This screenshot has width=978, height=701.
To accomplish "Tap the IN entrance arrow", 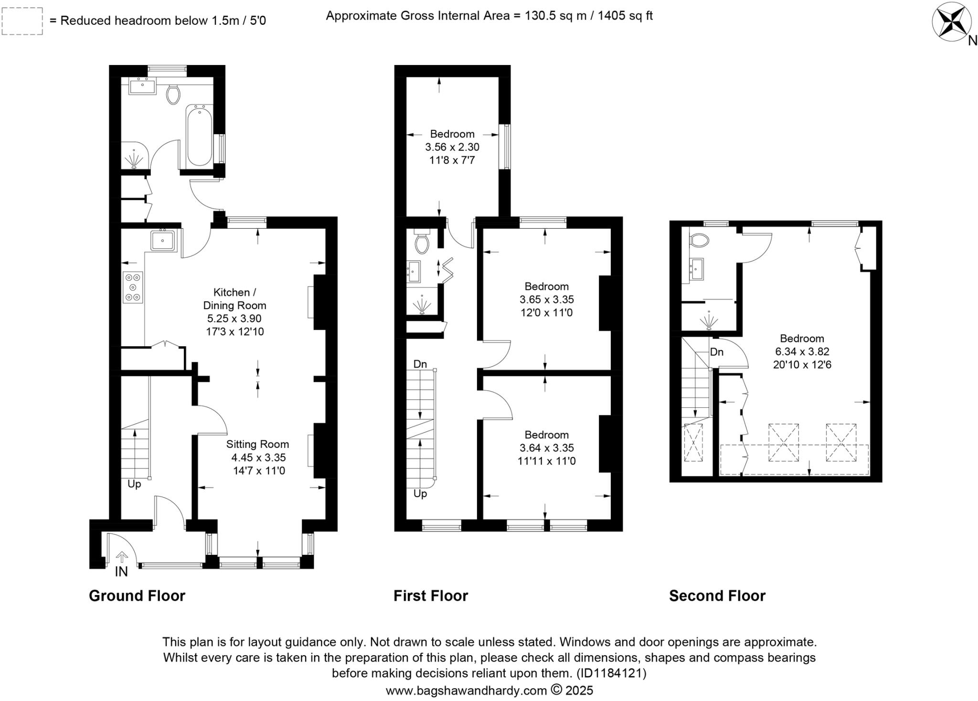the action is (x=122, y=557).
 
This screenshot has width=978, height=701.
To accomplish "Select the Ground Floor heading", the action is (x=137, y=596).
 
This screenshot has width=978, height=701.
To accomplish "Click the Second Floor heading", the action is (x=717, y=596).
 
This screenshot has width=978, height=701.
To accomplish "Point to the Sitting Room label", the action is (x=257, y=445).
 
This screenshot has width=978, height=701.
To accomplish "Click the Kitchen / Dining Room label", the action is (x=234, y=298).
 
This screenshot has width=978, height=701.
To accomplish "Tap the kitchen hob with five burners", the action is (x=133, y=287).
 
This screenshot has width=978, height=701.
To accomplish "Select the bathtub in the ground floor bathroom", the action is (x=199, y=136).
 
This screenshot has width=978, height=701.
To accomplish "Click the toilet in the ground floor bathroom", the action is (x=173, y=94).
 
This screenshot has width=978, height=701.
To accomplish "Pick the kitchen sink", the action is (x=163, y=240).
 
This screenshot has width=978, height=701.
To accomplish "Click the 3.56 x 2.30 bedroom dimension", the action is (x=452, y=148).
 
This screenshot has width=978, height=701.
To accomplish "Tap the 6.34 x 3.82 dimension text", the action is (x=802, y=352).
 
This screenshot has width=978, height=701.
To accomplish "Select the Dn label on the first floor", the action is (x=420, y=364).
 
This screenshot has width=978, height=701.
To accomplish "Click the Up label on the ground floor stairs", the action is (x=134, y=484).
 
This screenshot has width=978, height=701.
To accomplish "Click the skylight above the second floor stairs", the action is (x=693, y=442).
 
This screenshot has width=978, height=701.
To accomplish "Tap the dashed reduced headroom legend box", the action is (x=22, y=21).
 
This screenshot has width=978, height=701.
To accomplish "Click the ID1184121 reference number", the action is (x=611, y=673).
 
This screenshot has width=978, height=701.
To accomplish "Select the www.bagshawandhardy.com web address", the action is (x=466, y=690).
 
